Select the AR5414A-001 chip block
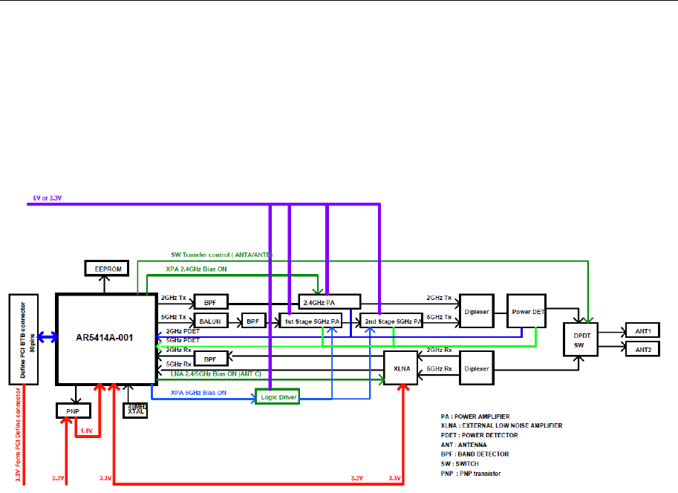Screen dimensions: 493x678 pyautogui.click(x=105, y=336)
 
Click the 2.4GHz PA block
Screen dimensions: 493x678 pyautogui.click(x=329, y=301)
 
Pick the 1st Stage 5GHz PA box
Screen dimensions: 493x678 pyautogui.click(x=310, y=321)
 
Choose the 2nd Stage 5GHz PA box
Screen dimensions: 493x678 pyautogui.click(x=391, y=321)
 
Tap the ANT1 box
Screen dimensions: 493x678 pyautogui.click(x=642, y=330)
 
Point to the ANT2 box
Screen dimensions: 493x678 pyautogui.click(x=642, y=348)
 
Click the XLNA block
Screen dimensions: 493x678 pyautogui.click(x=401, y=368)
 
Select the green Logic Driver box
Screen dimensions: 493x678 pyautogui.click(x=276, y=396)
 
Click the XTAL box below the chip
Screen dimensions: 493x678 pyautogui.click(x=134, y=409)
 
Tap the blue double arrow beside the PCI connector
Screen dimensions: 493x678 pyautogui.click(x=45, y=338)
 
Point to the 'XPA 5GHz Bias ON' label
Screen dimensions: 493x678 pyautogui.click(x=198, y=392)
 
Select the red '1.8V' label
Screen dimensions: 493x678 pyautogui.click(x=86, y=430)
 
